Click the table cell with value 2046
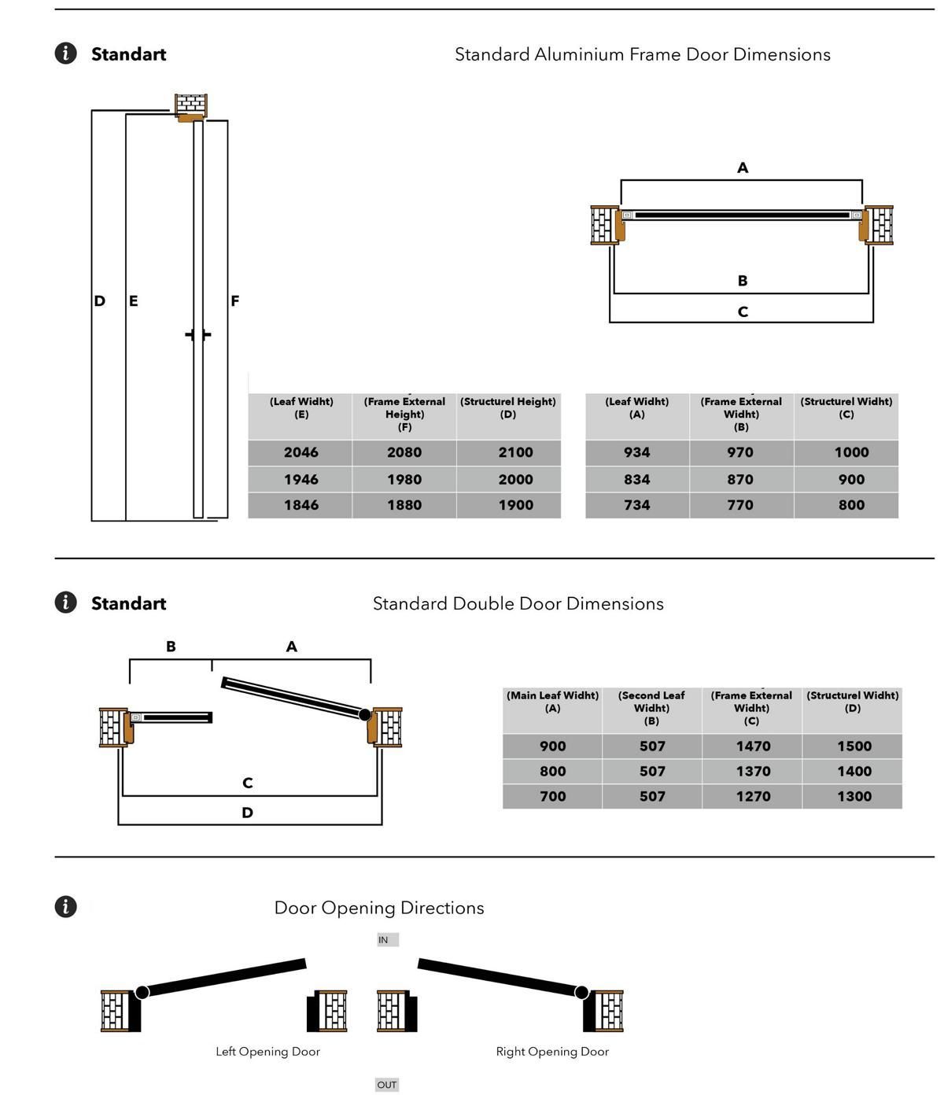coord(301,452)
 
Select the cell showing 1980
coord(404,479)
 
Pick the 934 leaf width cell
coord(637,452)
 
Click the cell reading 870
coord(740,479)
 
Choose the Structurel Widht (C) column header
coord(846,407)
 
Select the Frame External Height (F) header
coord(404,414)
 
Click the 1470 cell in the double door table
coord(753,746)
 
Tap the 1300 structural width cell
coord(854,796)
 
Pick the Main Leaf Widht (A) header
coord(552,702)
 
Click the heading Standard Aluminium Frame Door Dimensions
coord(642,54)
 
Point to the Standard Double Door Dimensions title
coord(518,603)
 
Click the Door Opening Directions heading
coord(378,908)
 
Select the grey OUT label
coord(387,1085)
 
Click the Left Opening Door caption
coord(267,1052)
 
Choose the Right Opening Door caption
coord(552,1052)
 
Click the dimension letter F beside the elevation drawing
coord(234,300)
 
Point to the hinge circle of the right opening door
coord(581,992)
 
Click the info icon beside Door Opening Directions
coord(66,906)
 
